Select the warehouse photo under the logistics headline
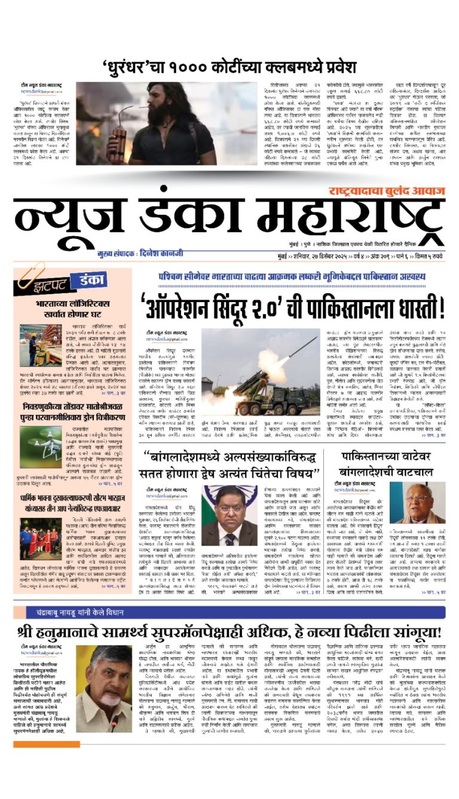click(41, 346)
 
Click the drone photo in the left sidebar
click(41, 447)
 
